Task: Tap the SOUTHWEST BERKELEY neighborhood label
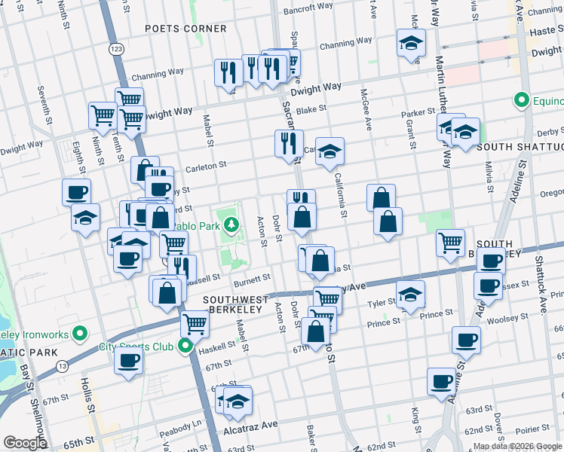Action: point(232,304)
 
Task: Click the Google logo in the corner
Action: point(25,443)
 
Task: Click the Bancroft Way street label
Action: point(308,9)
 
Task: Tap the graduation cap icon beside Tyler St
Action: point(411,293)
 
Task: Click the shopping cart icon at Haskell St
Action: point(195,323)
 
